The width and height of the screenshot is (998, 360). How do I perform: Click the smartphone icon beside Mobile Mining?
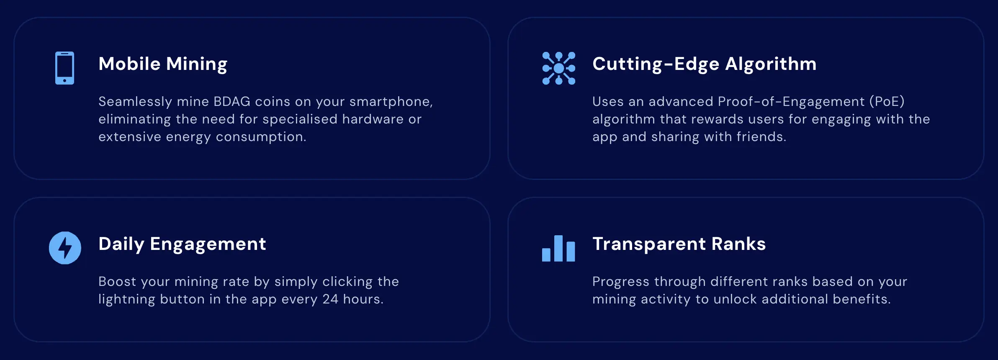64,68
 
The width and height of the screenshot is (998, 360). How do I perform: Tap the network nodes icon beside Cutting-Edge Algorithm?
558,68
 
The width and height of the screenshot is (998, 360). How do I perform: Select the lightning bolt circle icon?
65,248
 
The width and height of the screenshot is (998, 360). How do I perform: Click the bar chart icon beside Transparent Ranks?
558,248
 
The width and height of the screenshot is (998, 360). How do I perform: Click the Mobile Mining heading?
163,64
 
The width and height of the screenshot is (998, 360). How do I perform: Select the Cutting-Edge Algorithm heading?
704,64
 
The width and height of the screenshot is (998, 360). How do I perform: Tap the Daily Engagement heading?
182,244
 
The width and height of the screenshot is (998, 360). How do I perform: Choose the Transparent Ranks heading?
679,244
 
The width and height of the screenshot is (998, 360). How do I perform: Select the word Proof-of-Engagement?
791,102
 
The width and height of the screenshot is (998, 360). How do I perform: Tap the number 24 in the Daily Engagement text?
330,299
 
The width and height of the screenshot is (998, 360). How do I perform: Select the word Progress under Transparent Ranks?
621,282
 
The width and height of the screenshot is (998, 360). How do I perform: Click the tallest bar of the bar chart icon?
558,248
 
